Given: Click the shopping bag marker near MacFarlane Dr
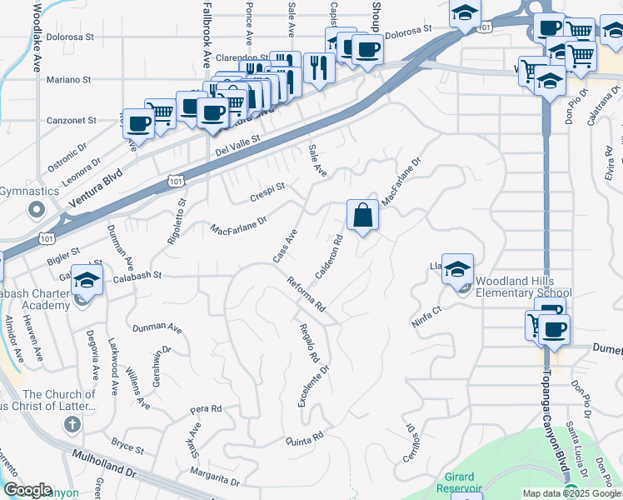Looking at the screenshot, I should [362, 215].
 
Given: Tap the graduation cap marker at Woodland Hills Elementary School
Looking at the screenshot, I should [457, 268].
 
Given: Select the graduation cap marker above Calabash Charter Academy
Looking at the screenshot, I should [86, 280].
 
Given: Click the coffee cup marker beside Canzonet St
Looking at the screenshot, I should [138, 122].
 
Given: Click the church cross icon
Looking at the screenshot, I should [72, 424].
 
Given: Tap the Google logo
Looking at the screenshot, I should [27, 490].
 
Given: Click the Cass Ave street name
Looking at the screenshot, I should [285, 247].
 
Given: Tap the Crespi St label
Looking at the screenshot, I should [267, 192].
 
